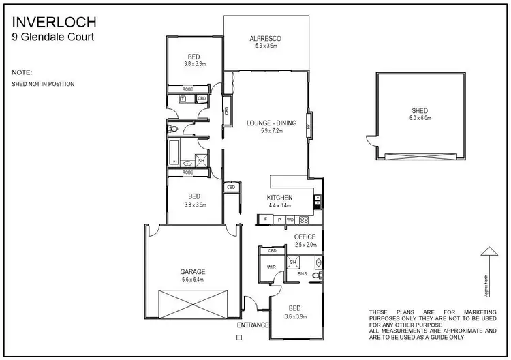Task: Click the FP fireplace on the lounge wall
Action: pyautogui.click(x=309, y=127)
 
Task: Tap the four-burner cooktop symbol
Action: pyautogui.click(x=304, y=220)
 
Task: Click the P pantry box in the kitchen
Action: pyautogui.click(x=279, y=220)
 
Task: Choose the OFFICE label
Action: pyautogui.click(x=305, y=237)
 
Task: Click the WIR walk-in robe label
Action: pyautogui.click(x=270, y=267)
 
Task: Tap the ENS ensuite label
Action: pyautogui.click(x=302, y=274)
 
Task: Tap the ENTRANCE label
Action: pyautogui.click(x=253, y=325)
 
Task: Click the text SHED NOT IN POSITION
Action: pyautogui.click(x=43, y=84)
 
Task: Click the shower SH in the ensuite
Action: pyautogui.click(x=293, y=262)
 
